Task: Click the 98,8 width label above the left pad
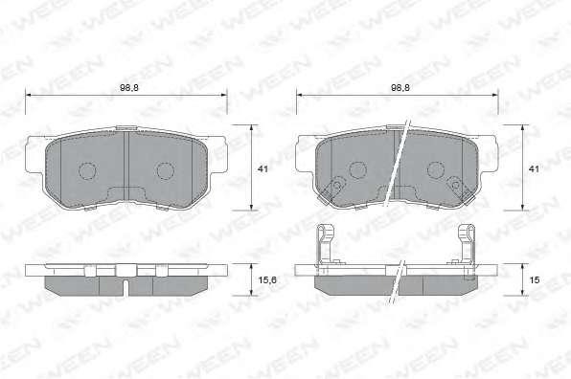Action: click(x=129, y=88)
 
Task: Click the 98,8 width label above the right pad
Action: click(x=400, y=88)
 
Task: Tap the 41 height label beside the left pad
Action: click(x=263, y=169)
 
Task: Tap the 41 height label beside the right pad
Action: click(x=534, y=169)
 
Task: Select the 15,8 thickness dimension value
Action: click(x=267, y=280)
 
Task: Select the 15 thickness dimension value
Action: click(x=535, y=280)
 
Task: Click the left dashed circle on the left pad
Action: click(x=87, y=171)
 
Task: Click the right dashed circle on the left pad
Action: click(x=166, y=171)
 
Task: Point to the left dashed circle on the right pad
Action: click(x=357, y=169)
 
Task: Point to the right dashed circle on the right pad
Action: click(x=436, y=169)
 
